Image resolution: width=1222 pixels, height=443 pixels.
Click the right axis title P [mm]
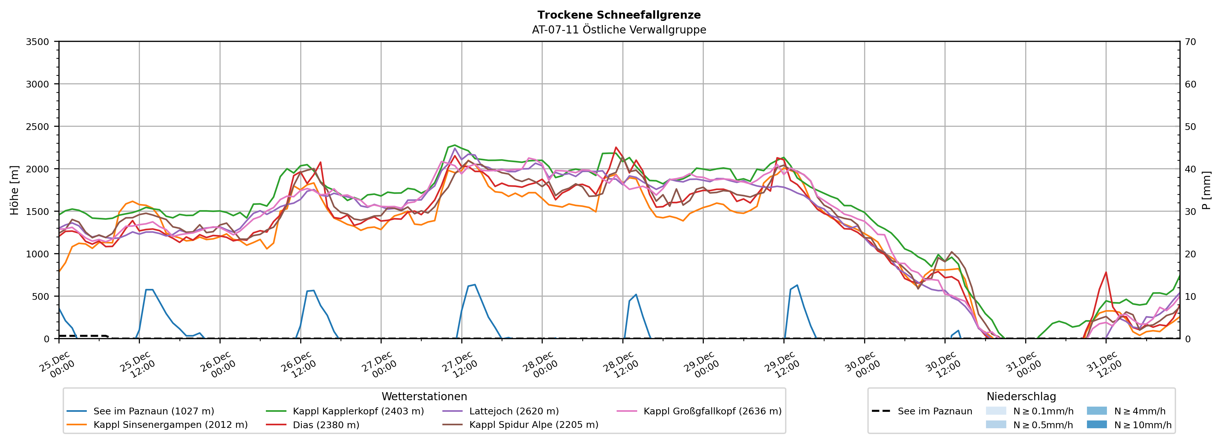(1206, 190)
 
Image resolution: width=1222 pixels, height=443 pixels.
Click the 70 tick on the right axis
(1190, 42)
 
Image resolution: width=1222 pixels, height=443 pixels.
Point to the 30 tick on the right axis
(1190, 211)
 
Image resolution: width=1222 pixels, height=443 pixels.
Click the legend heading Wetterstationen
(424, 396)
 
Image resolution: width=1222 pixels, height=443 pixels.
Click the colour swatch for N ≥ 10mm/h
(1097, 424)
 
